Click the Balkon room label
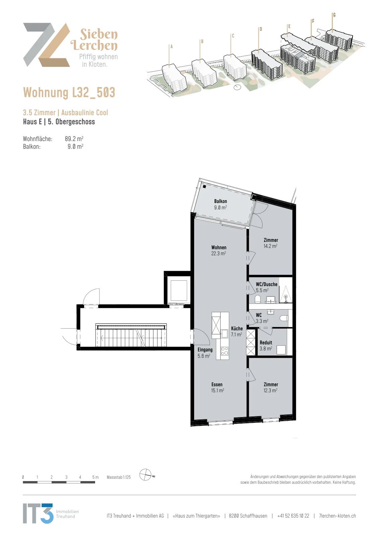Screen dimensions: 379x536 (x=220, y=204)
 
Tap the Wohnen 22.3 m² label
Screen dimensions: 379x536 (x=219, y=250)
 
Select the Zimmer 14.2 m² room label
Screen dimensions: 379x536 (x=271, y=243)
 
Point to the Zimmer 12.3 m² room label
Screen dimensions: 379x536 (x=271, y=387)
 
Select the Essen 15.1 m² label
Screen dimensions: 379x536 (x=217, y=387)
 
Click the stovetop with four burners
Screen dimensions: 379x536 (x=225, y=351)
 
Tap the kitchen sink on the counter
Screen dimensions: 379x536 (x=225, y=333)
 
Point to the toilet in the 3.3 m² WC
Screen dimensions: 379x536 (x=284, y=318)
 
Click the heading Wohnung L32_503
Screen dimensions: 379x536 (x=69, y=92)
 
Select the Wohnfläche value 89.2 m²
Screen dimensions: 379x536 (x=74, y=139)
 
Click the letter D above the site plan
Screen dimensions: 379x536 (x=261, y=29)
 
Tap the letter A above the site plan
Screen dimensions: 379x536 (x=171, y=47)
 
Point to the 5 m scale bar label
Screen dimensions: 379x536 (x=95, y=477)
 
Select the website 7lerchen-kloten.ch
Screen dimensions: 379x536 (x=337, y=516)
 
